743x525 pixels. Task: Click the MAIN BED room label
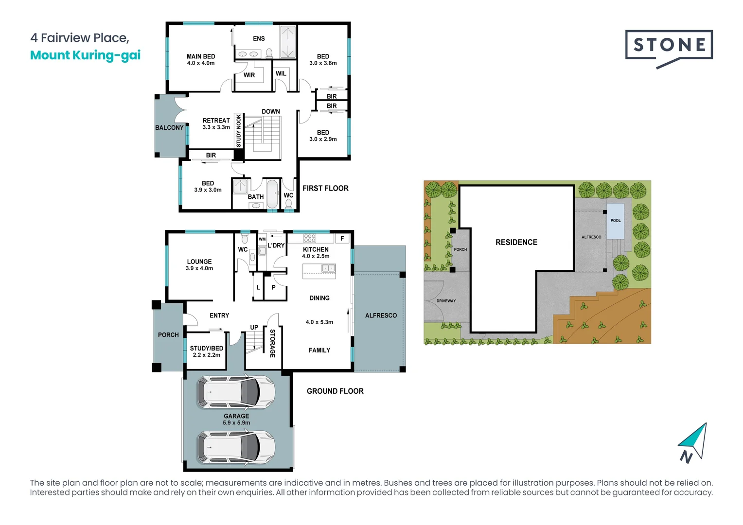[x=201, y=56]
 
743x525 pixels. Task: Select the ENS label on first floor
[x=259, y=38]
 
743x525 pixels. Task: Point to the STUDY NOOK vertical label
[x=238, y=131]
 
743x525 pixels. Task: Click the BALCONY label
[x=169, y=128]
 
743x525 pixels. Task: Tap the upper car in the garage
[x=236, y=392]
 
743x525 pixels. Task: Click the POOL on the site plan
[x=615, y=221]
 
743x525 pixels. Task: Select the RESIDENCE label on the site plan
[x=516, y=242]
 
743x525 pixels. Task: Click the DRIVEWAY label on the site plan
[x=446, y=301]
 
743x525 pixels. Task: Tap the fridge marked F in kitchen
[x=342, y=239]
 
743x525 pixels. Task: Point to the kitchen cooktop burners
[x=310, y=238]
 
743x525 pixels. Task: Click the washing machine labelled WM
[x=262, y=239]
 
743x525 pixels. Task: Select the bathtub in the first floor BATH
[x=273, y=194]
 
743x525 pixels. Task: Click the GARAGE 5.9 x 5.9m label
[x=236, y=419]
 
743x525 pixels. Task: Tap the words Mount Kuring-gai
[x=86, y=55]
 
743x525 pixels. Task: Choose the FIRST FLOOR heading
[x=325, y=188]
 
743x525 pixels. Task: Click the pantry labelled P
[x=274, y=287]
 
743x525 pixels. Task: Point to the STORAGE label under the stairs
[x=272, y=343]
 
